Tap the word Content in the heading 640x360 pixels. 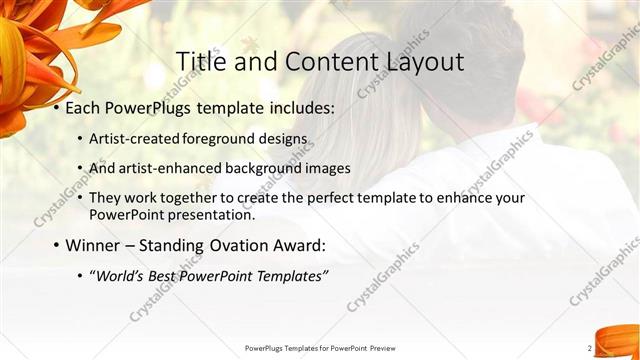click(327, 62)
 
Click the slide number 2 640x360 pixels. click(590, 348)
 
